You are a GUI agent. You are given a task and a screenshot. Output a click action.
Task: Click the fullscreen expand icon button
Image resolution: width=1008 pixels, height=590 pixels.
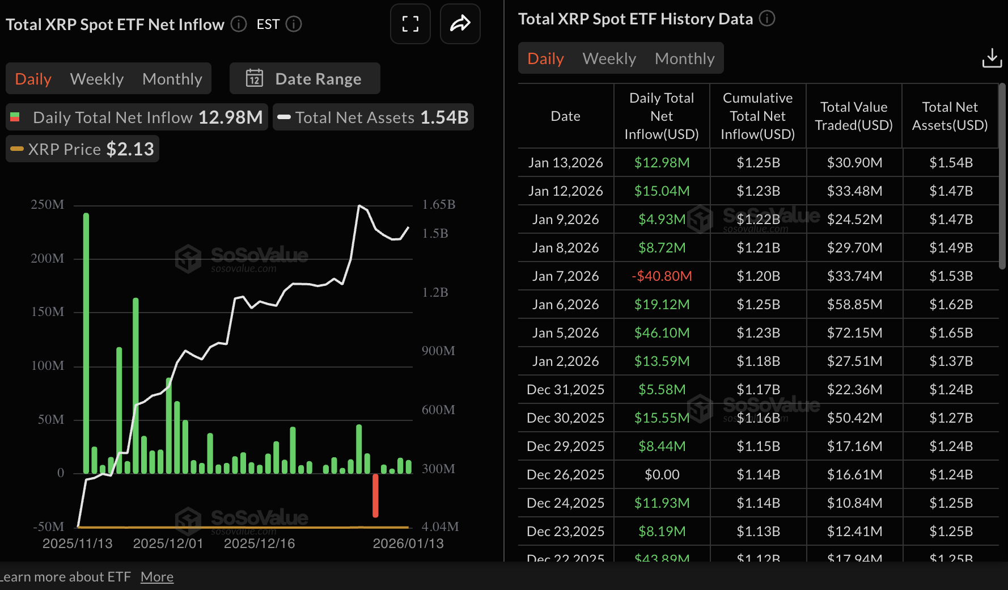410,24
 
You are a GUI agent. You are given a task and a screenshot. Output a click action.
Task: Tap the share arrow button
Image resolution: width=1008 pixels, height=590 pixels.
460,24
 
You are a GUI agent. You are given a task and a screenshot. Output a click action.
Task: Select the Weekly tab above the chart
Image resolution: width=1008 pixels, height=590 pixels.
97,79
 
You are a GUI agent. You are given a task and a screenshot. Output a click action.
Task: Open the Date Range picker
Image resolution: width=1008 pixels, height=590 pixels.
304,79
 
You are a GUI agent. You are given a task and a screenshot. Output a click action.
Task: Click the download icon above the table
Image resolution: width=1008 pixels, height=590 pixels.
992,58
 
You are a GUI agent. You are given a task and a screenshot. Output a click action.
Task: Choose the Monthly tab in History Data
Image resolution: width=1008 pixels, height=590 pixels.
684,58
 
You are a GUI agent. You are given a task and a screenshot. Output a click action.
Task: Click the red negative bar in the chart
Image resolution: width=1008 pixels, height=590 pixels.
375,495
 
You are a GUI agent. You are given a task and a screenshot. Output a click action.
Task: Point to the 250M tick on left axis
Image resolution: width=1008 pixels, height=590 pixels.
48,205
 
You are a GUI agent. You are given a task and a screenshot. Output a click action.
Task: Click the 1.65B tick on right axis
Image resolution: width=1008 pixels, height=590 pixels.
438,205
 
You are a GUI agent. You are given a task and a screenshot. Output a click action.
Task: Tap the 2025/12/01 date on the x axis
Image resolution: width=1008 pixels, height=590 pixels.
168,543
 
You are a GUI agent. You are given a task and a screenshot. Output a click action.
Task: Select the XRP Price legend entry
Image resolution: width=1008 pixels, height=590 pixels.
83,149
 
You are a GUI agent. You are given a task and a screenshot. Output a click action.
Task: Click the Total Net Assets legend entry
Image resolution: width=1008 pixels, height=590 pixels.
373,117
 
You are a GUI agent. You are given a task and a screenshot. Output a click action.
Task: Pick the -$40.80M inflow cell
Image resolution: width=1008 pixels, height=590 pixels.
662,276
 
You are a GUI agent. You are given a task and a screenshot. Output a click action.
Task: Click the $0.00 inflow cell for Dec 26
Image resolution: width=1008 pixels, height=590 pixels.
662,475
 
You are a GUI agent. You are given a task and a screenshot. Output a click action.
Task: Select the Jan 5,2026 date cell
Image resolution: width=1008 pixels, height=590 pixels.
565,333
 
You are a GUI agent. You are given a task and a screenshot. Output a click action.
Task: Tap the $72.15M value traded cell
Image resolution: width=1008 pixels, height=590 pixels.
854,333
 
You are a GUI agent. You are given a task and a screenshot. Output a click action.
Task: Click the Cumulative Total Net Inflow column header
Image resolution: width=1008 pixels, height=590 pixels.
757,116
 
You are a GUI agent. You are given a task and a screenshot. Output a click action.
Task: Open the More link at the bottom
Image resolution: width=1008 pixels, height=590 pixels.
157,577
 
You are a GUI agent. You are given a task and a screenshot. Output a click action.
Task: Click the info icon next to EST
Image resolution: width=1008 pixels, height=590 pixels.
294,24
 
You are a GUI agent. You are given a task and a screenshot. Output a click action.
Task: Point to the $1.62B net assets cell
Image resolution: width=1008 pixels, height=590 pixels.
951,305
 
